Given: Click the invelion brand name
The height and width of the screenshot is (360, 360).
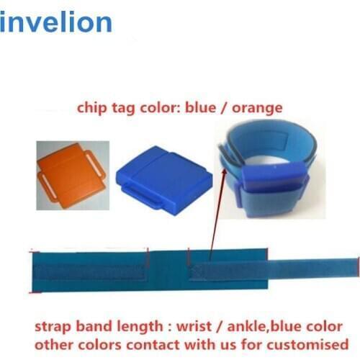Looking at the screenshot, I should pyautogui.click(x=56, y=22).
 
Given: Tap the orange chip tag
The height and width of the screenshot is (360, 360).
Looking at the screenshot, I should pyautogui.click(x=73, y=173).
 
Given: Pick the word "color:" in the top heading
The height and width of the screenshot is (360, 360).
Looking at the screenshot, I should pyautogui.click(x=163, y=109).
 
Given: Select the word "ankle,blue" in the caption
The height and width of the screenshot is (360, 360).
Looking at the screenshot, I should pyautogui.click(x=274, y=324).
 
